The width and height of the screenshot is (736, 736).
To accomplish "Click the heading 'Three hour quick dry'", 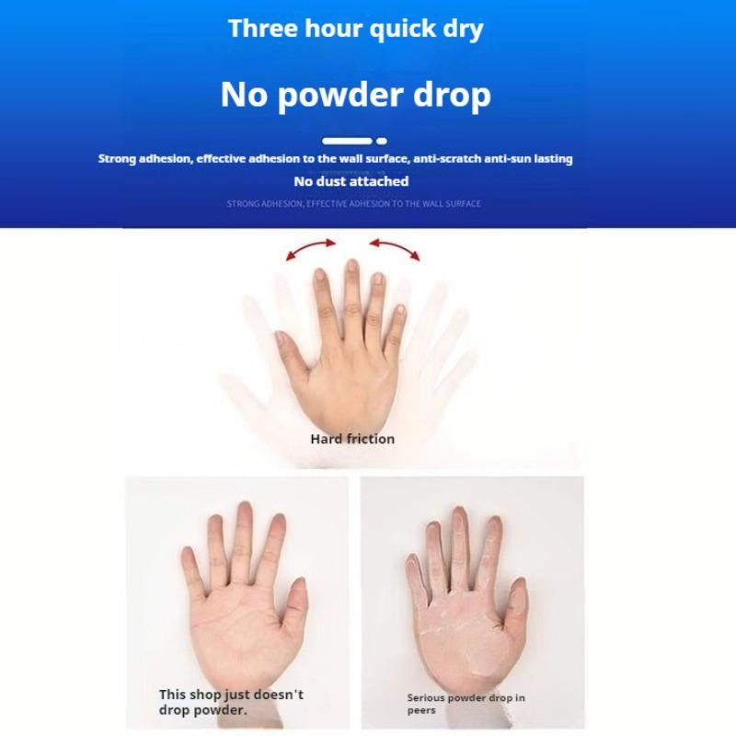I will (x=355, y=29).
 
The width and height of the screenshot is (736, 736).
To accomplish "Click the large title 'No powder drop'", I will (x=355, y=94).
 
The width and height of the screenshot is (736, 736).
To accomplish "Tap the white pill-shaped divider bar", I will (x=348, y=141).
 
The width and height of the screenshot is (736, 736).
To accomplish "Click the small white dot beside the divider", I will (x=382, y=141).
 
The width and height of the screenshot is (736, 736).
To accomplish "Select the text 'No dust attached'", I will (x=351, y=181).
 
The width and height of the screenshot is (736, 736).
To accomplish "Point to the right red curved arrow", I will (x=395, y=248).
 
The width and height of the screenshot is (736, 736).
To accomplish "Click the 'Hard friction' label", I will (x=352, y=439).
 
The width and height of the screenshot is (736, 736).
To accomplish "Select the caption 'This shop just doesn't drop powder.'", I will (x=230, y=702).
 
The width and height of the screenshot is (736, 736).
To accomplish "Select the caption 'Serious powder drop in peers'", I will (x=466, y=704).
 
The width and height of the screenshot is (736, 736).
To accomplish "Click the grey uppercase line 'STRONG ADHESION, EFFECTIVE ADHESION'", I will (x=353, y=203).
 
